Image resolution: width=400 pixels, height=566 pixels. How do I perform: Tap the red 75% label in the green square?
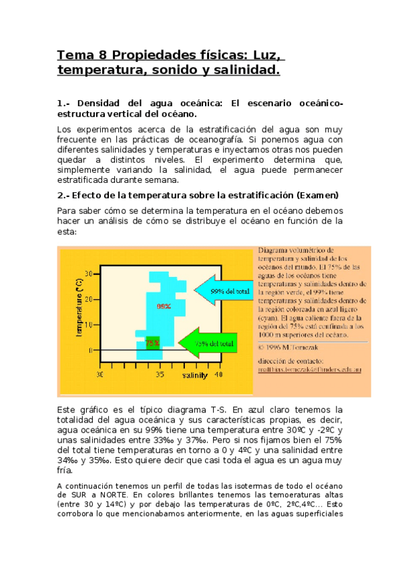pyautogui.click(x=152, y=343)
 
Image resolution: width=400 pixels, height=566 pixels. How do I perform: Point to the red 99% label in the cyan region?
pyautogui.click(x=164, y=306)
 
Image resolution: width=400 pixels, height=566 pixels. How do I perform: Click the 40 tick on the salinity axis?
pyautogui.click(x=218, y=375)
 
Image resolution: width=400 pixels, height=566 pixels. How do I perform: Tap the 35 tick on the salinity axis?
pyautogui.click(x=161, y=375)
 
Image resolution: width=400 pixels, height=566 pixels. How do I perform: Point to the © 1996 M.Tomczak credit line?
pyautogui.click(x=291, y=346)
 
